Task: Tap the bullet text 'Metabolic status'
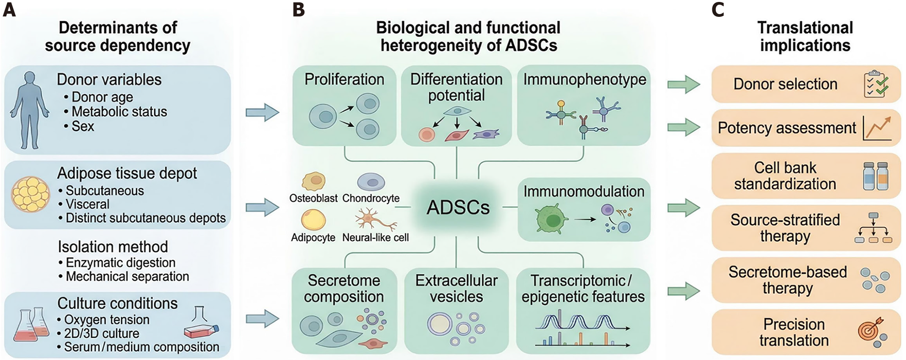click(119, 112)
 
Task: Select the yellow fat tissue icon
click(31, 194)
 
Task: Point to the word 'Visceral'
click(87, 204)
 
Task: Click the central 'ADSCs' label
click(458, 207)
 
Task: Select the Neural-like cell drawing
click(375, 220)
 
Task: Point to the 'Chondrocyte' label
click(371, 198)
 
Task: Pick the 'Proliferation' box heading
click(344, 79)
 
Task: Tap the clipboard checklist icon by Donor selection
click(876, 84)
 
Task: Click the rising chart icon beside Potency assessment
click(877, 128)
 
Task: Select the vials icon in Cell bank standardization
click(876, 176)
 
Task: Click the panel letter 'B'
click(299, 10)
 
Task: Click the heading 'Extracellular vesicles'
click(456, 288)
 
